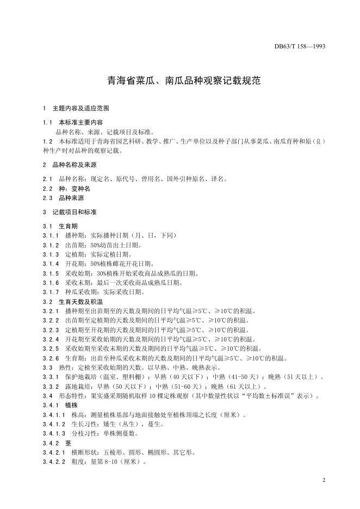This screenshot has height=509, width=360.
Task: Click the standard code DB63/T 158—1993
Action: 300,47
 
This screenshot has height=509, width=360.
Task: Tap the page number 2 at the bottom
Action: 323,481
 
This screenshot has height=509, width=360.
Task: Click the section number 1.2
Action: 47,141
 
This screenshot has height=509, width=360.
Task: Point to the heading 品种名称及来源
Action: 74,164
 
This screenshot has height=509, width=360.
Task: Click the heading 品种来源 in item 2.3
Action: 70,198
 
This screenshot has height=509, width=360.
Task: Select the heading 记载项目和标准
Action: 74,212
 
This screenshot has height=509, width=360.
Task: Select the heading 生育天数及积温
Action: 80,301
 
